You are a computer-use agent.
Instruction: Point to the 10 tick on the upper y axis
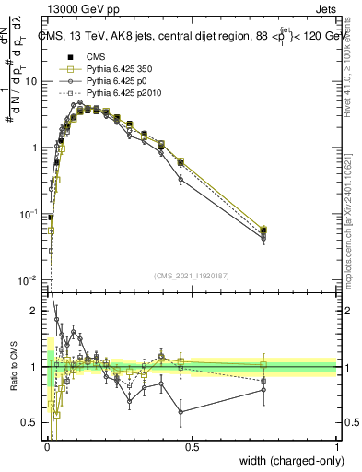click(33, 81)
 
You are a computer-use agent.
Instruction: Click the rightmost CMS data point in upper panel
click(264, 230)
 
